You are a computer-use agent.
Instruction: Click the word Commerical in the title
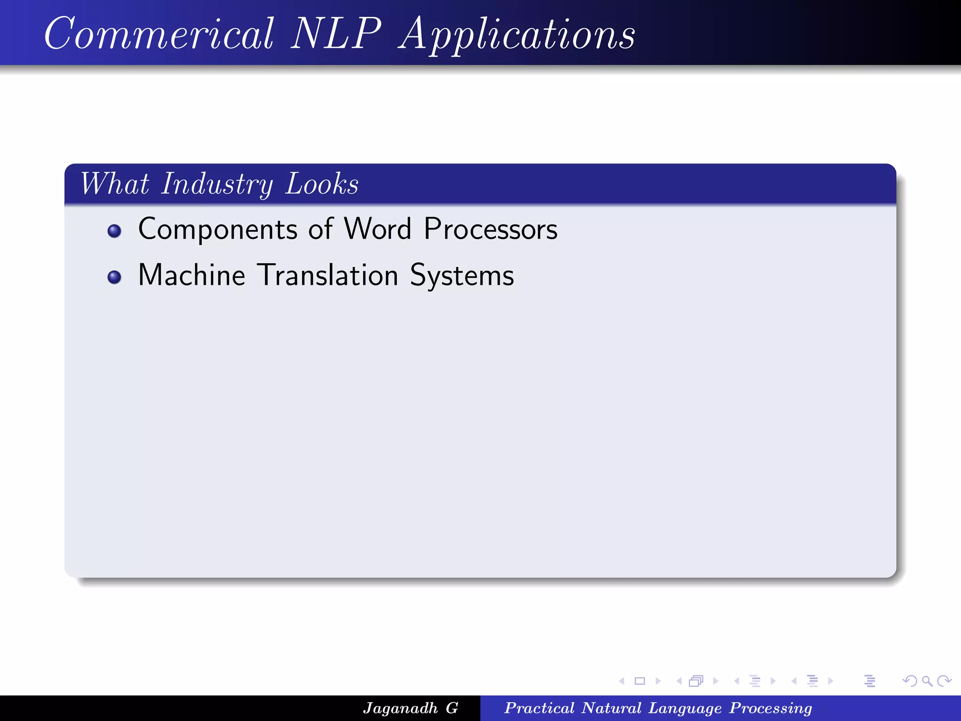point(159,34)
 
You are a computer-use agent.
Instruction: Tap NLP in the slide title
point(336,34)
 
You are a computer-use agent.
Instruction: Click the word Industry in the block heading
point(217,184)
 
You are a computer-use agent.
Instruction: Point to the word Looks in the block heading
point(322,184)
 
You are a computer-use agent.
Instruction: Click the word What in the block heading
point(114,184)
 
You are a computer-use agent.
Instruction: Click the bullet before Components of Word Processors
point(114,231)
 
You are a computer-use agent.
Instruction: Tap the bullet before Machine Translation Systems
point(114,277)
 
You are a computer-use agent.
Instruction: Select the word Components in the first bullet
point(218,230)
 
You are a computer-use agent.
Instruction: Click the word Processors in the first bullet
point(490,229)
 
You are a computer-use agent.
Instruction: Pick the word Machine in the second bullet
point(191,276)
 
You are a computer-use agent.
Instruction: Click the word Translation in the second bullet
point(328,276)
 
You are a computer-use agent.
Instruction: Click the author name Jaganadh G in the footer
point(410,708)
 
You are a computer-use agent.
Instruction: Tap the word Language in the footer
point(685,708)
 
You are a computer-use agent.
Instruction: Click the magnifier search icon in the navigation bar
point(927,681)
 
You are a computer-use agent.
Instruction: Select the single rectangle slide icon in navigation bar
point(640,681)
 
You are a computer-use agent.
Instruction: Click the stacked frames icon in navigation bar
point(696,681)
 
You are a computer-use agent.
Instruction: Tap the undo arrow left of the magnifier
point(910,681)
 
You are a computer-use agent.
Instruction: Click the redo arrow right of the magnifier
point(944,681)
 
